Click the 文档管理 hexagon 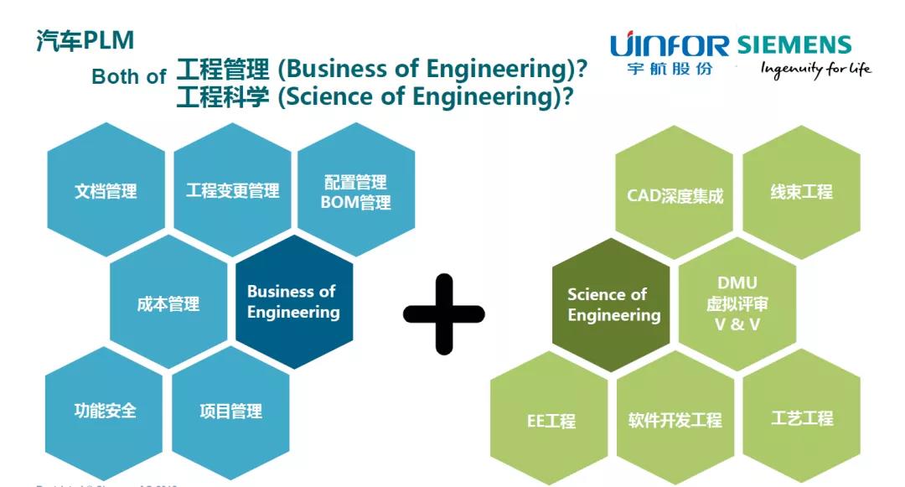pyautogui.click(x=106, y=190)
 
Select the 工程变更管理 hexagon pyautogui.click(x=232, y=190)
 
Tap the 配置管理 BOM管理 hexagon pyautogui.click(x=356, y=191)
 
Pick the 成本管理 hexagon pyautogui.click(x=168, y=303)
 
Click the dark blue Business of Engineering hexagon pyautogui.click(x=293, y=302)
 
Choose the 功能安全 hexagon pyautogui.click(x=105, y=411)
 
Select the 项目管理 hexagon pyautogui.click(x=230, y=411)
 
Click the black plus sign pyautogui.click(x=444, y=313)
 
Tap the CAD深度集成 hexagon pyautogui.click(x=675, y=195)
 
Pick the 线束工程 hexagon pyautogui.click(x=801, y=192)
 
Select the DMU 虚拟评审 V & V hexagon pyautogui.click(x=737, y=303)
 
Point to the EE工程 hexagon pyautogui.click(x=550, y=420)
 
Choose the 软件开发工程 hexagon pyautogui.click(x=675, y=419)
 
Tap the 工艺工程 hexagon pyautogui.click(x=802, y=417)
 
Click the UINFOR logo pyautogui.click(x=670, y=54)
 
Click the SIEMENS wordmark pyautogui.click(x=794, y=44)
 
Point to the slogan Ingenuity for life pyautogui.click(x=815, y=70)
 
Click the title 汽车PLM pyautogui.click(x=85, y=40)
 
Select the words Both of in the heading pyautogui.click(x=128, y=76)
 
